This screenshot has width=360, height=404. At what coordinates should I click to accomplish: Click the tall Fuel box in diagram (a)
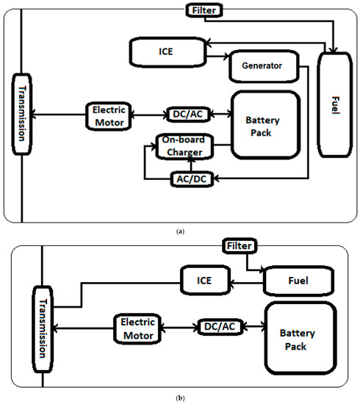(334, 105)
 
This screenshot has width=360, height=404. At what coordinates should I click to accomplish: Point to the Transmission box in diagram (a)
(23, 115)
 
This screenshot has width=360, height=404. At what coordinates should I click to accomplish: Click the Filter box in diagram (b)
(239, 245)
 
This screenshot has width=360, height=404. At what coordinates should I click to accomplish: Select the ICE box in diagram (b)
(205, 280)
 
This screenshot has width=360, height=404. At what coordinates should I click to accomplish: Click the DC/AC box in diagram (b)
(218, 326)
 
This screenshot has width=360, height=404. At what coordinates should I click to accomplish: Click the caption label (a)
(180, 231)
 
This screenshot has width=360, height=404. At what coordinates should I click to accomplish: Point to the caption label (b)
(180, 398)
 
